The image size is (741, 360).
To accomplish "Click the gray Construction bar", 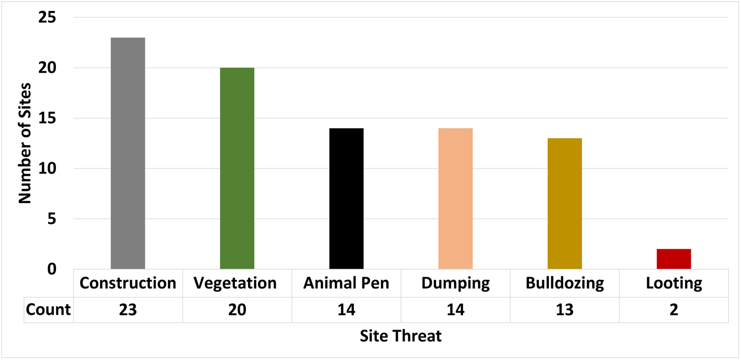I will tap(128, 153).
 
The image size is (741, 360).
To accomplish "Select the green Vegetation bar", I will tap(237, 168).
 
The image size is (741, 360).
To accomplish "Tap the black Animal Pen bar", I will tap(346, 199).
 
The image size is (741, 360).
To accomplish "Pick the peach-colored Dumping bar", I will tap(455, 199).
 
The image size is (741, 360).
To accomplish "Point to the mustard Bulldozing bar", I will tap(565, 204).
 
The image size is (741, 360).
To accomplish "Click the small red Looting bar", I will tap(673, 259).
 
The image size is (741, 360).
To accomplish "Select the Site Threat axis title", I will tap(401, 336).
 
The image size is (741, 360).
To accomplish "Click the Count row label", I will tap(48, 310).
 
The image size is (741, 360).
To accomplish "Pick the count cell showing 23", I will tap(128, 310).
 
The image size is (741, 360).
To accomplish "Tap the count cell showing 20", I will tap(237, 310).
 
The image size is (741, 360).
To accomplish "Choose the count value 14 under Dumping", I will tap(455, 310).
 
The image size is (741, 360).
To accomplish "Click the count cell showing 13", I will tap(565, 310).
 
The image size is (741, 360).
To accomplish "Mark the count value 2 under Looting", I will tap(673, 310).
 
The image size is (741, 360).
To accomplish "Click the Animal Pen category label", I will tap(346, 284).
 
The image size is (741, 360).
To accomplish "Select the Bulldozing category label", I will tap(565, 284).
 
